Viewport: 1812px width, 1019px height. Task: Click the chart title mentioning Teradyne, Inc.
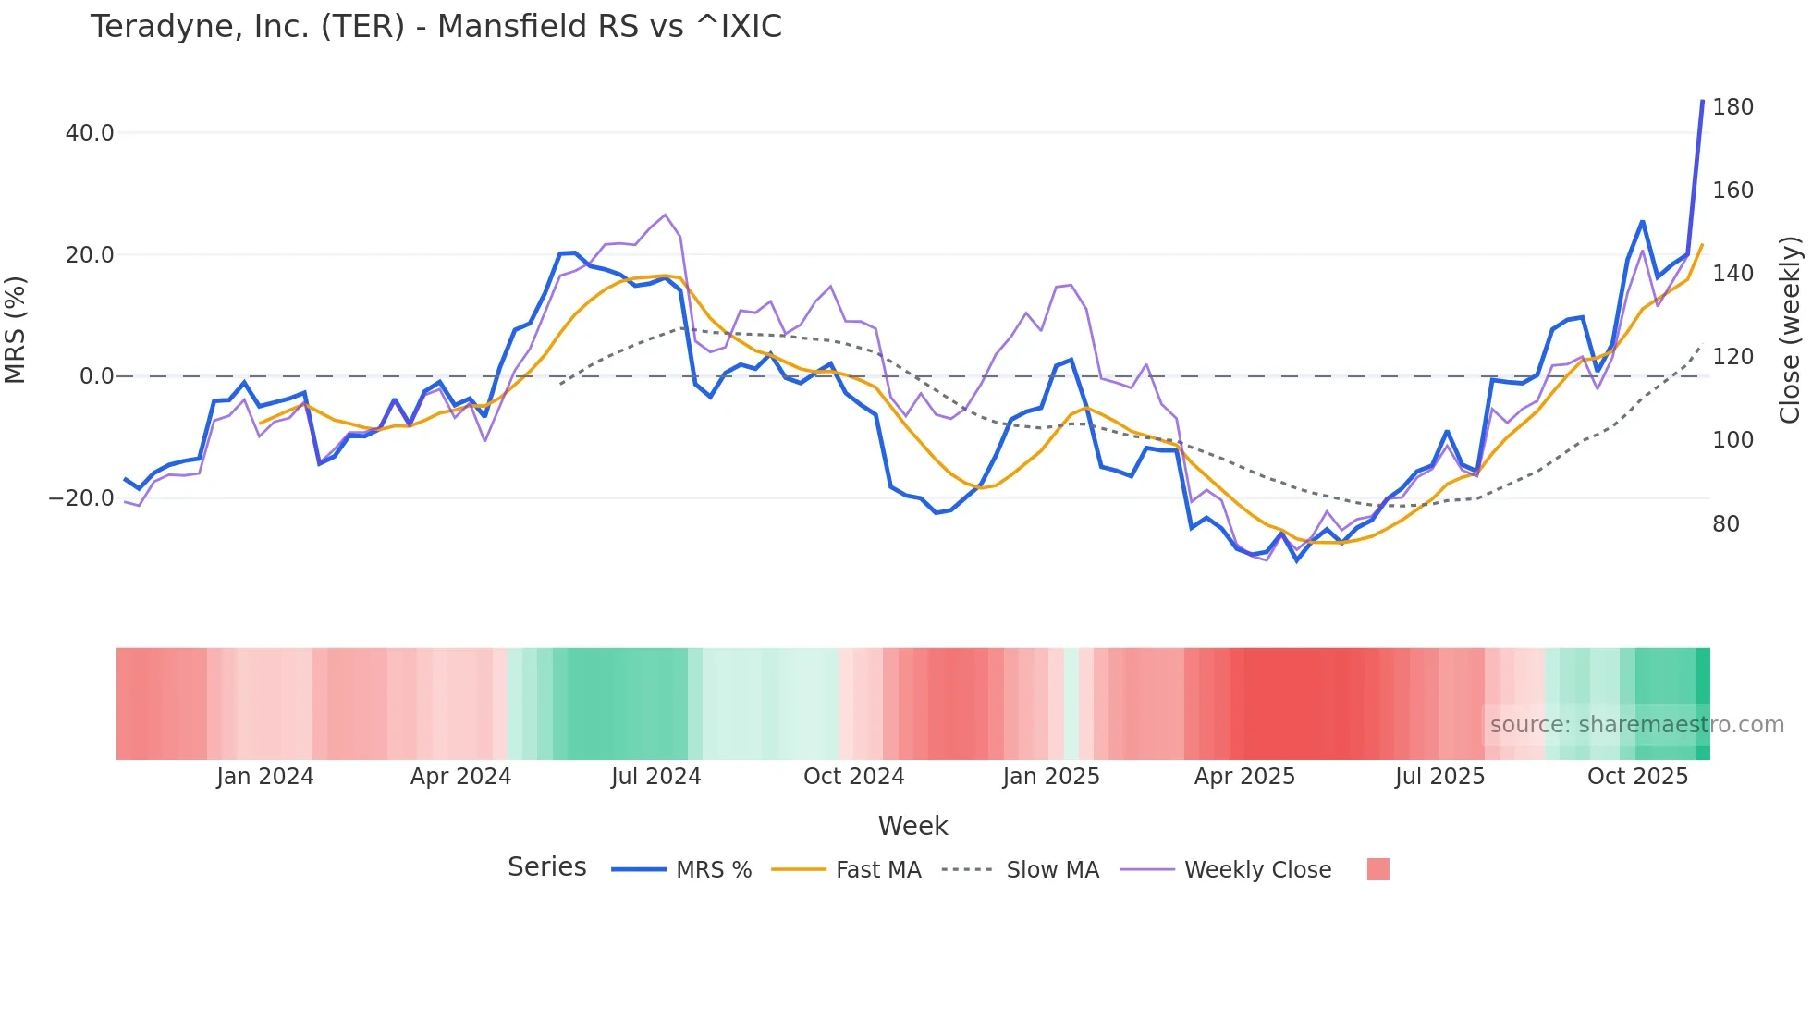tap(435, 27)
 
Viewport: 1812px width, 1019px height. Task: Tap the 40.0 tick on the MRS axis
tap(90, 133)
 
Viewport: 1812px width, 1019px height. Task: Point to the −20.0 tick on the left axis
tap(81, 498)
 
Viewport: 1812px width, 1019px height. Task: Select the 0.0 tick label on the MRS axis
tap(96, 376)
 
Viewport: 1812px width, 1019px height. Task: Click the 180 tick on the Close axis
tap(1732, 107)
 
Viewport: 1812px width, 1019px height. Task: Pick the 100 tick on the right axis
tap(1732, 440)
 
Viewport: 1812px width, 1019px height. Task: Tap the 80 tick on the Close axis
tap(1726, 524)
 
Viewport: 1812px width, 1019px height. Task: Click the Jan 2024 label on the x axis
tap(265, 777)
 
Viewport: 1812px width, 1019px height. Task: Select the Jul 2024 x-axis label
tap(656, 777)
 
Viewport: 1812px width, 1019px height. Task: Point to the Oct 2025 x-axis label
tap(1637, 777)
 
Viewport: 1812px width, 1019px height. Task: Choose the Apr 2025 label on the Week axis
tap(1244, 777)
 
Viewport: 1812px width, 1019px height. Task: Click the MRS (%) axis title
tap(16, 329)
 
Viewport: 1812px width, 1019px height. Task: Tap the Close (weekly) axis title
tap(1790, 329)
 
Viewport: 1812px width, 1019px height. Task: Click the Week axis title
tap(912, 826)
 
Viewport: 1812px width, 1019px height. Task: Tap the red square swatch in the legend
tap(1377, 869)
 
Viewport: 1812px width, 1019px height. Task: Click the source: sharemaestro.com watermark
tap(1636, 725)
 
